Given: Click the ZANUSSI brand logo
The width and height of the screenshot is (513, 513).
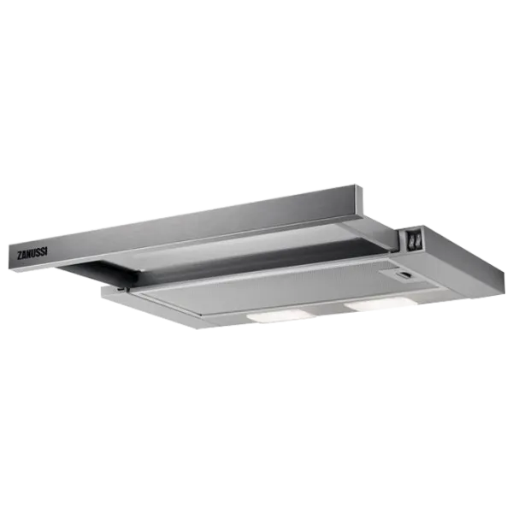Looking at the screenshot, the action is [x=32, y=254].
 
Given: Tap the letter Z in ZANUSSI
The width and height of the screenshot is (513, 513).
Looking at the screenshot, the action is [x=19, y=255].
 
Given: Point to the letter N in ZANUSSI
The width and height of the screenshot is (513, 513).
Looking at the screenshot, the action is [x=28, y=254].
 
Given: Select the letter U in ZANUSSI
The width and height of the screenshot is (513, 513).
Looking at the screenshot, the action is [x=33, y=254].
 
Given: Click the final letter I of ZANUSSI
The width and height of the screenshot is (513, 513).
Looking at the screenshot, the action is [x=46, y=252].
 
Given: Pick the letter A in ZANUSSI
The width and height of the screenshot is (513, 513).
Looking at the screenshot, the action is [x=24, y=255].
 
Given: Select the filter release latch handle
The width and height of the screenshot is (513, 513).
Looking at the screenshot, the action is [x=404, y=275].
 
